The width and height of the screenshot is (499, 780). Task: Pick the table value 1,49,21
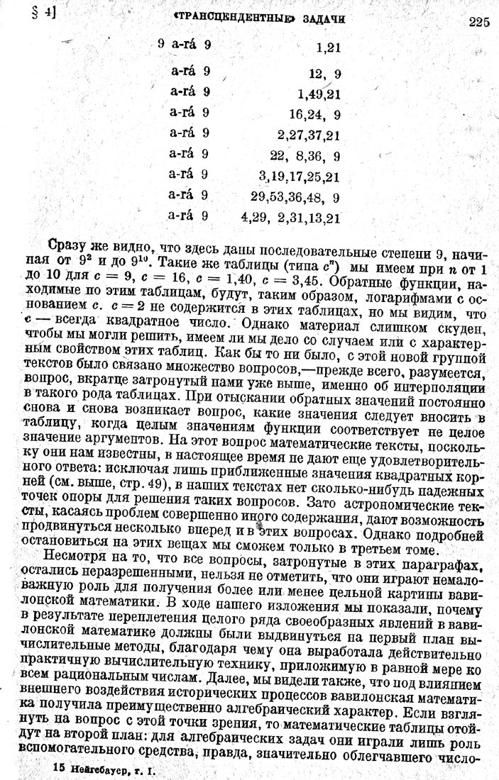319,93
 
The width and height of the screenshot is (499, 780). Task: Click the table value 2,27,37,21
309,135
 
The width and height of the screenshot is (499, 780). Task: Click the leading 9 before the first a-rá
162,45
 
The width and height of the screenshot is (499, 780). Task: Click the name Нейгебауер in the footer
103,768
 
